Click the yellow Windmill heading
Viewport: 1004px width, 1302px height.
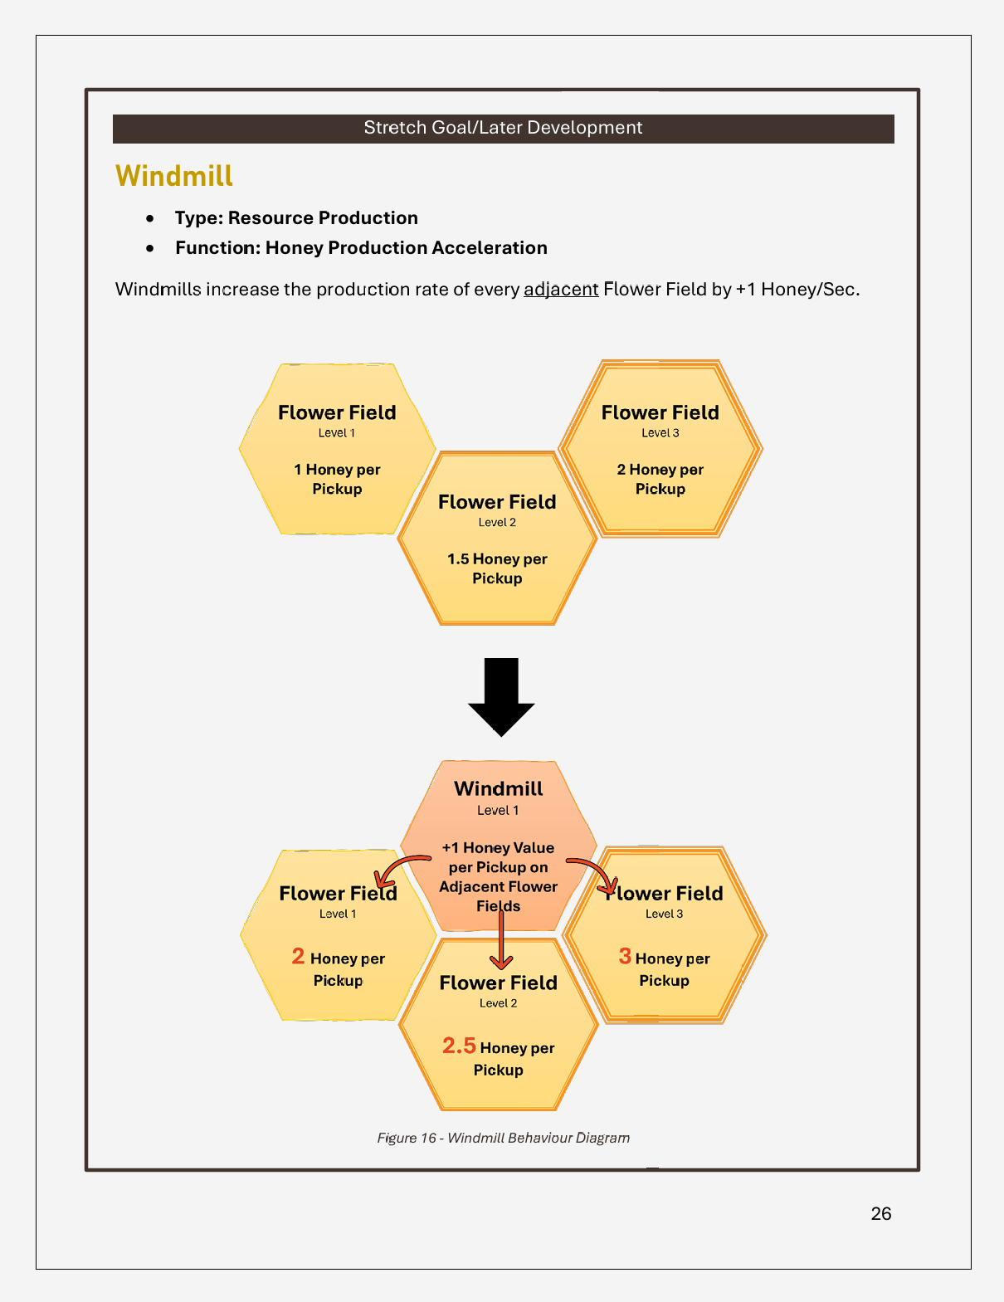tap(174, 176)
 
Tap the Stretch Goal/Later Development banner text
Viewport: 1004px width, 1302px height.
tap(503, 128)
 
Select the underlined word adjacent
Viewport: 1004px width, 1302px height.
tap(561, 290)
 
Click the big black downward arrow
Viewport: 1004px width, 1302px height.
tap(501, 695)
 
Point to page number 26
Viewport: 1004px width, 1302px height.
tap(881, 1213)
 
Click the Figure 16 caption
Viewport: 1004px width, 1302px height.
tap(503, 1138)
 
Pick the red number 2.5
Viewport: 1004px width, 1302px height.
tap(459, 1046)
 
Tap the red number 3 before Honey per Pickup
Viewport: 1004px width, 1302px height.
tap(625, 957)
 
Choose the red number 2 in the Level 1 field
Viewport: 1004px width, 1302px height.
tap(298, 957)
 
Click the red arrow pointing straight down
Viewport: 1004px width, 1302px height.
tap(500, 942)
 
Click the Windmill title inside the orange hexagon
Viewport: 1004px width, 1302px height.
tap(498, 788)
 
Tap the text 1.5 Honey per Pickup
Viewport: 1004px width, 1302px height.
tap(497, 568)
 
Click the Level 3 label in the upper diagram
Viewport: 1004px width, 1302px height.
tap(660, 433)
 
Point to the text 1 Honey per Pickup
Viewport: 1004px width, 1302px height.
tap(337, 479)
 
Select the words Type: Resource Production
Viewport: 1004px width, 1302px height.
tap(296, 218)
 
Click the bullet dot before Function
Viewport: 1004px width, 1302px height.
tap(150, 248)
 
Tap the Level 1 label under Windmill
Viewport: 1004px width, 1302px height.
tap(498, 811)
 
